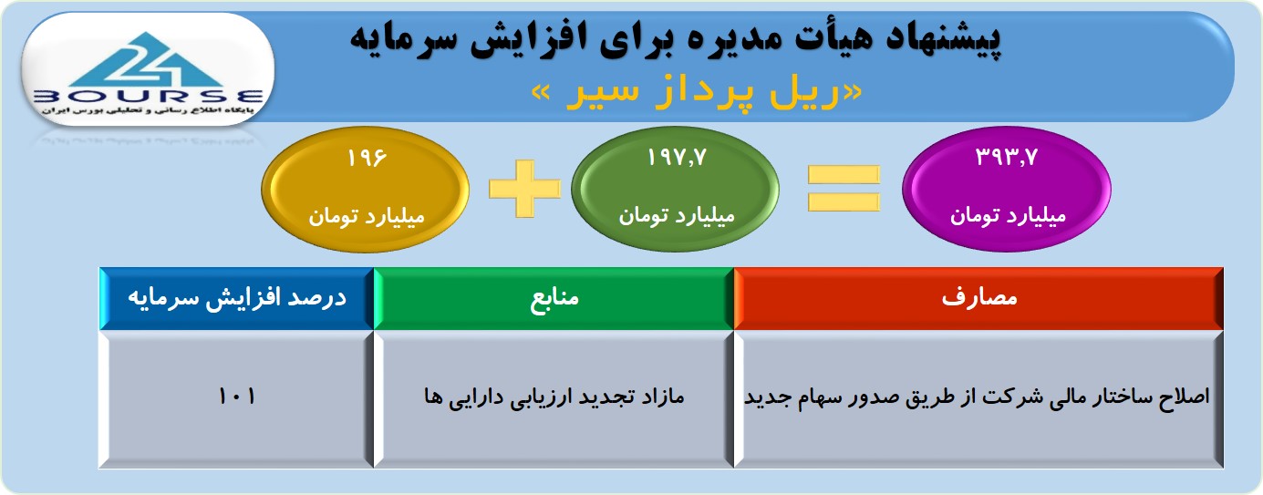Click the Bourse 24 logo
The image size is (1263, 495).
click(x=148, y=70)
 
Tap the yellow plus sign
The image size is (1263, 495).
click(x=524, y=189)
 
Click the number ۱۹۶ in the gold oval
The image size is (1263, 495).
click(x=367, y=158)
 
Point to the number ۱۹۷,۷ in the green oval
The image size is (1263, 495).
click(x=676, y=158)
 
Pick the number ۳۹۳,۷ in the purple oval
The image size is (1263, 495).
click(x=1007, y=158)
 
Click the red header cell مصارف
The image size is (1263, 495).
click(x=978, y=298)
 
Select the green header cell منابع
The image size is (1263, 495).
click(x=554, y=298)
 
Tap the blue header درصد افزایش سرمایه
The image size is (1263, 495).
click(x=237, y=298)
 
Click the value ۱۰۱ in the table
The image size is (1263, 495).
click(x=237, y=397)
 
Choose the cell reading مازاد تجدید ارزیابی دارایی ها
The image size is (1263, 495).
click(x=554, y=398)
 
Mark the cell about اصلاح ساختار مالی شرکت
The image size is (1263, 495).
click(x=978, y=398)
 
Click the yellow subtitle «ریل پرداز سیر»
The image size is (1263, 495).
click(x=697, y=93)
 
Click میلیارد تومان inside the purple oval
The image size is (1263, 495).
click(x=1008, y=216)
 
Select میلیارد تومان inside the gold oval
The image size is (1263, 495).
click(x=366, y=217)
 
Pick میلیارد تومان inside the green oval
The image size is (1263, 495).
click(x=677, y=216)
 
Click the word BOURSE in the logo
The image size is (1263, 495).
click(x=148, y=96)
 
